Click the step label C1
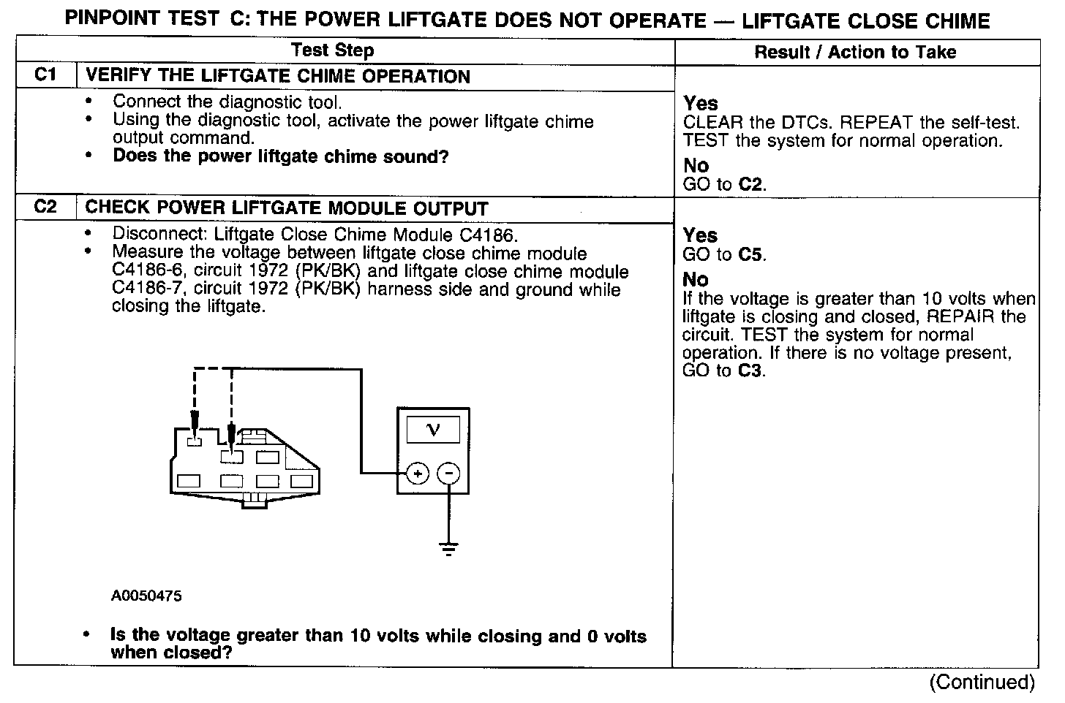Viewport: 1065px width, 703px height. point(45,75)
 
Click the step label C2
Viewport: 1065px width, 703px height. point(45,208)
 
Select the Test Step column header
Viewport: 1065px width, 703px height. point(332,50)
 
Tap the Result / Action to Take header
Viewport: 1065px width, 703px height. point(855,52)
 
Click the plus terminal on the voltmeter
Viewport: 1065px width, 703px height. point(417,474)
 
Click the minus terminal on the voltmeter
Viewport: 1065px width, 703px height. point(448,474)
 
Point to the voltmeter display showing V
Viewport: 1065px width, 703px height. point(433,429)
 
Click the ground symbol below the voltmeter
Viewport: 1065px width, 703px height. point(448,548)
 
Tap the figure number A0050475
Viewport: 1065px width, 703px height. point(146,596)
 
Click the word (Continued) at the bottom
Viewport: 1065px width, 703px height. point(982,683)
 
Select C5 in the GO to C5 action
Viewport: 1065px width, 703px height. point(752,255)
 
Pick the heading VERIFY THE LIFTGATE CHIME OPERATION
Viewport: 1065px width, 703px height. point(277,76)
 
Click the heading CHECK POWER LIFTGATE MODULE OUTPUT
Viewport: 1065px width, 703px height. point(287,208)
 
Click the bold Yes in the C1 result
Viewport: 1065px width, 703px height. point(701,103)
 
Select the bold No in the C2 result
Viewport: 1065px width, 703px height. point(696,280)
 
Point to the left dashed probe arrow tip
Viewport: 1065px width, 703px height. point(195,434)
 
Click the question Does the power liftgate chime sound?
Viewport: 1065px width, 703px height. point(280,156)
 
